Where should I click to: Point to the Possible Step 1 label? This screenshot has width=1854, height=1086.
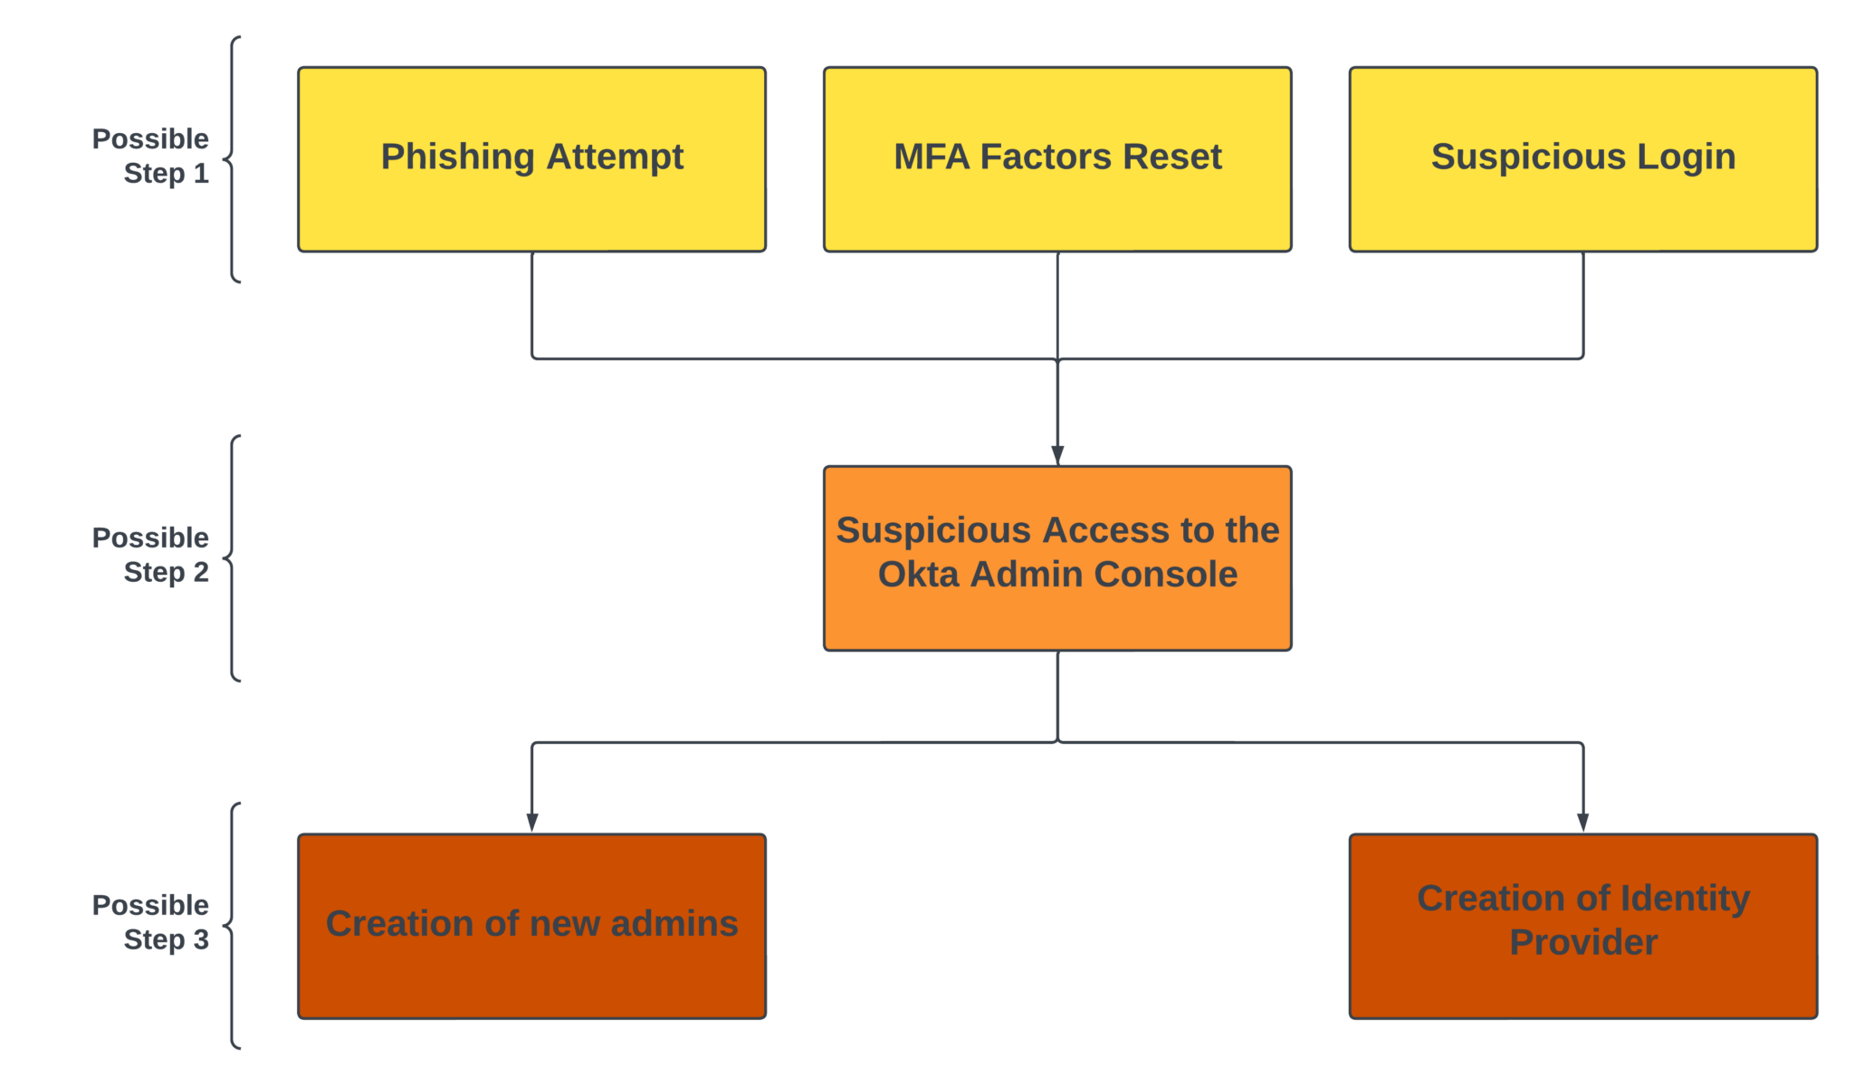(x=151, y=156)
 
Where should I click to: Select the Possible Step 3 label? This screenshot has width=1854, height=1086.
(x=151, y=922)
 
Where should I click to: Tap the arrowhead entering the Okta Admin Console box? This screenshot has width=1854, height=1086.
(x=1057, y=454)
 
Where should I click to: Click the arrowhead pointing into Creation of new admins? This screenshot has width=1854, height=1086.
(x=531, y=821)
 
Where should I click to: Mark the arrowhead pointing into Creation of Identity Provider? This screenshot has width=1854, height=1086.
(x=1582, y=821)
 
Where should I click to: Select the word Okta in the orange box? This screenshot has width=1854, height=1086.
(x=918, y=575)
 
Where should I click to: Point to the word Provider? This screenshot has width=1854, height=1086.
(x=1582, y=943)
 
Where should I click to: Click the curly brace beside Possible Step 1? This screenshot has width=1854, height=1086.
(x=233, y=160)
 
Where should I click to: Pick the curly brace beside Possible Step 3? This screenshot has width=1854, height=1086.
(x=233, y=926)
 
